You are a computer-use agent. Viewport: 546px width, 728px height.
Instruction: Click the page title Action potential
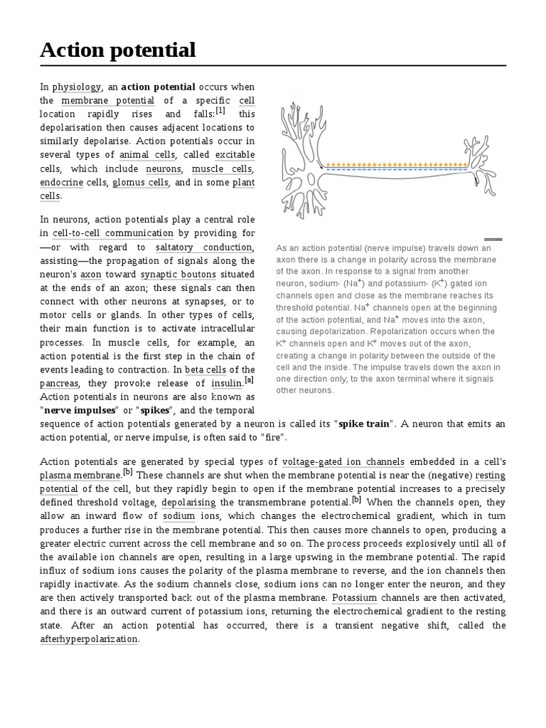[117, 50]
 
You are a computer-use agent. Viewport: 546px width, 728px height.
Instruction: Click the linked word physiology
[77, 87]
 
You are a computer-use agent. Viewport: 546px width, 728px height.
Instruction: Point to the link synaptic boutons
[169, 274]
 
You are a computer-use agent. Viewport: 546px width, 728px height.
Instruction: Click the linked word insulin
[227, 383]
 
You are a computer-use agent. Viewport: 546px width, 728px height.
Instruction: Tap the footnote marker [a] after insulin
[249, 380]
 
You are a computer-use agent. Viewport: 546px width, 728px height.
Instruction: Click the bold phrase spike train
[365, 424]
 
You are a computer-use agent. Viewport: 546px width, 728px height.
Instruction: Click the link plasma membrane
[80, 475]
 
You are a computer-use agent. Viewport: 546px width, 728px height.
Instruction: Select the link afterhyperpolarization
[89, 638]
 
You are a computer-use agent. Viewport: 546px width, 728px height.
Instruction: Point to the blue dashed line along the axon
[395, 171]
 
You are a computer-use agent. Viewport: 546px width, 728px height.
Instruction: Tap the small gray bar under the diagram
[493, 240]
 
